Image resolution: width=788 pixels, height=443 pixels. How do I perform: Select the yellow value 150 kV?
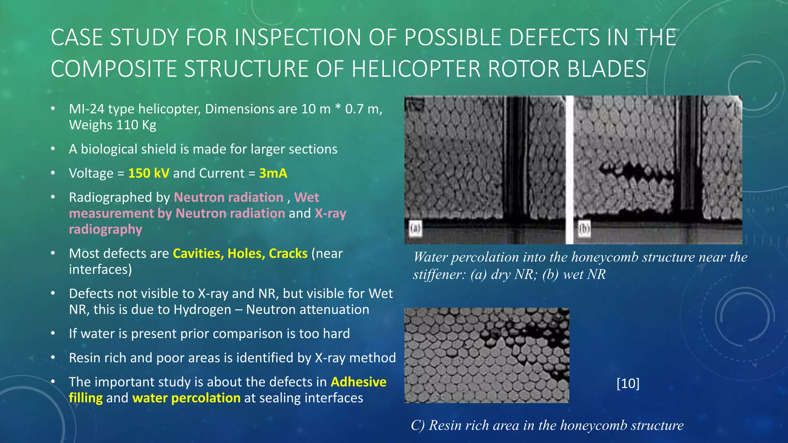(x=149, y=173)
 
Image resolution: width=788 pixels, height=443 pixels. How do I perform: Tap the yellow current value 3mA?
(x=273, y=173)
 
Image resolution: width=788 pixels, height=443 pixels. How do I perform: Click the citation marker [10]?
(x=628, y=383)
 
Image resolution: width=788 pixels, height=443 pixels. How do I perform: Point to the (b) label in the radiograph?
(x=584, y=229)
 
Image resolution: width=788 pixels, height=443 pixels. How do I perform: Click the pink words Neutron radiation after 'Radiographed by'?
(x=229, y=197)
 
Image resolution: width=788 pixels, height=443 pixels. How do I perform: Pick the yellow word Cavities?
(x=198, y=253)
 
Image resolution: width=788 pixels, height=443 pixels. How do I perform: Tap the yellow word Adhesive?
(x=358, y=382)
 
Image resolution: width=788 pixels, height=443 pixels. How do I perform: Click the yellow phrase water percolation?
(x=186, y=398)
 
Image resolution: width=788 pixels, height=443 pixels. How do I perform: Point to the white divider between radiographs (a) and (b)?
(x=569, y=169)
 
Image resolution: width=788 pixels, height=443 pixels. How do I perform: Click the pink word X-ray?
(x=330, y=213)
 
